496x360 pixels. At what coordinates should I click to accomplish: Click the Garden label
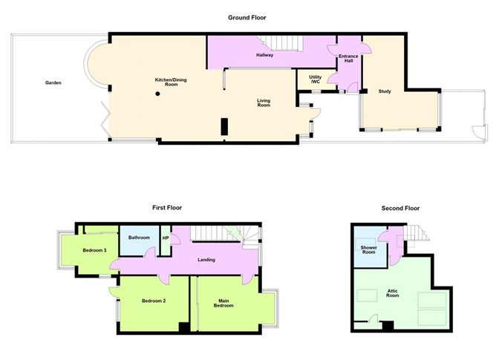point(52,82)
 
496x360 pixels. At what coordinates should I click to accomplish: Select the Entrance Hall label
point(348,59)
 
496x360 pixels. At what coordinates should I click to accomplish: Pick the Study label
point(384,91)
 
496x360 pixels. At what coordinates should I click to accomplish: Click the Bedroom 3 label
point(94,250)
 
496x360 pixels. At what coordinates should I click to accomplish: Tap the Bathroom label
point(139,238)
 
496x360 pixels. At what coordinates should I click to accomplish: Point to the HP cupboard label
point(166,238)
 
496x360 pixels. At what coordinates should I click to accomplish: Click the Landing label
point(206,260)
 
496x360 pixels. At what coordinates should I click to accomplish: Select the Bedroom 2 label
point(153,301)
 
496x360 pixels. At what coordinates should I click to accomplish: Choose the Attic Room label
point(393,293)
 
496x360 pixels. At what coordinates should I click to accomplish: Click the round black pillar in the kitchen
point(157,94)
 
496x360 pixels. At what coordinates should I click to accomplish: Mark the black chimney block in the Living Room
point(223,127)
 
